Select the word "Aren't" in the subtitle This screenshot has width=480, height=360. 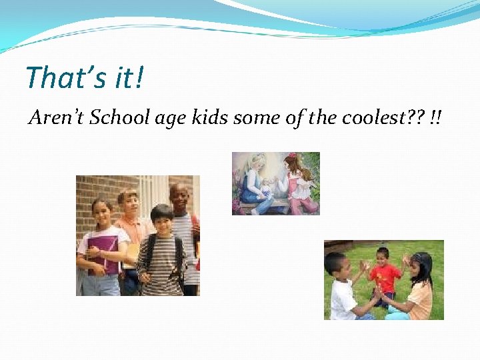[x=56, y=118]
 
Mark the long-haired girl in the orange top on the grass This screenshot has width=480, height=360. [x=419, y=287]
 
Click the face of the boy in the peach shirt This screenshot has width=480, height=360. [x=128, y=203]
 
